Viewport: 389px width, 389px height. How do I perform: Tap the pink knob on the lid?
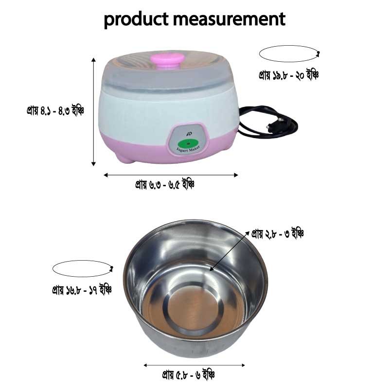[x=167, y=60]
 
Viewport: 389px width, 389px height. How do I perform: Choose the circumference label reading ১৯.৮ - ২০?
[x=288, y=75]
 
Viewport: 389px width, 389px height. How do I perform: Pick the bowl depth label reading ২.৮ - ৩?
[x=278, y=234]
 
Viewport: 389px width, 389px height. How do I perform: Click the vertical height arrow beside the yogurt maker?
[x=93, y=112]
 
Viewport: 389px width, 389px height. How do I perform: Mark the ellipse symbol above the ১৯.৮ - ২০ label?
[x=289, y=53]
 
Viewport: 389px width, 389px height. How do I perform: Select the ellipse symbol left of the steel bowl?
[x=83, y=269]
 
